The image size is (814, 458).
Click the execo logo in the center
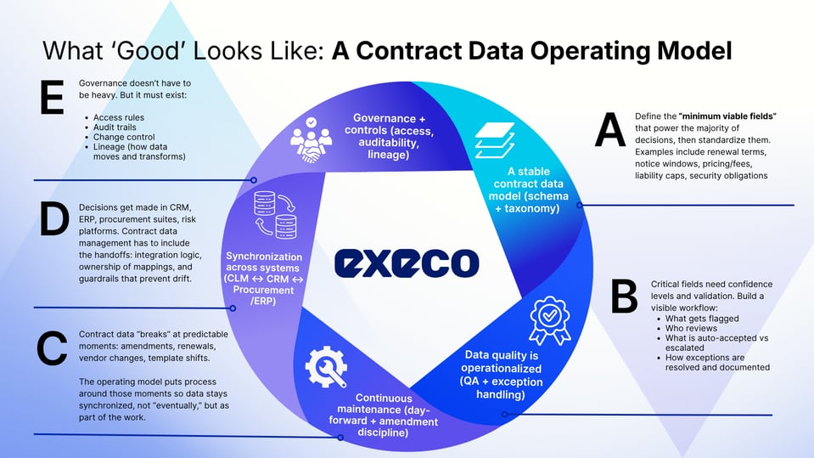(x=407, y=262)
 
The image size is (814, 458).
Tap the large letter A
(x=609, y=132)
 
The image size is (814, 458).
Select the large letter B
(x=624, y=296)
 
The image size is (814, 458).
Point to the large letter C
(x=52, y=348)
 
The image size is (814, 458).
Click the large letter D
(x=53, y=219)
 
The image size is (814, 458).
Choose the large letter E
(x=52, y=98)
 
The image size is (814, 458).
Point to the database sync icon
(x=275, y=215)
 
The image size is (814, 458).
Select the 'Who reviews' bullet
(x=691, y=328)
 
